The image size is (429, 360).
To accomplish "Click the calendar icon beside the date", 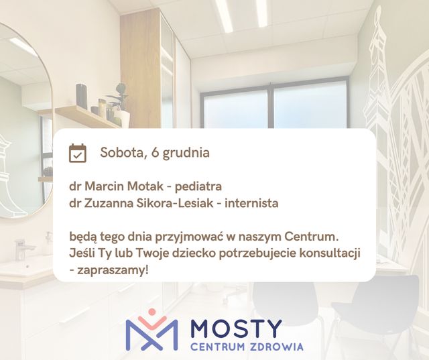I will coord(78,153).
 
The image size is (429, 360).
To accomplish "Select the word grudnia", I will coord(186,153).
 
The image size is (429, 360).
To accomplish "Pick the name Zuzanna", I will coord(109,202).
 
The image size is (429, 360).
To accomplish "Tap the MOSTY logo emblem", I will coord(152,331).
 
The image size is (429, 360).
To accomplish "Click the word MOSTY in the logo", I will coord(236,328).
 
